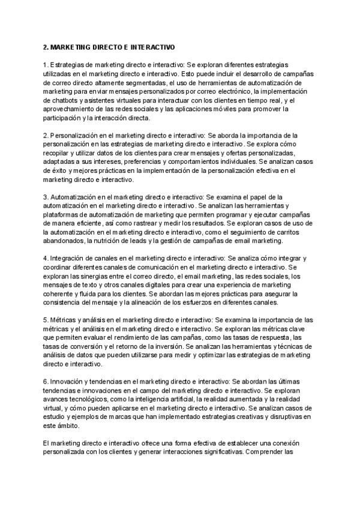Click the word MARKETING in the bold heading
pos(77,46)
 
